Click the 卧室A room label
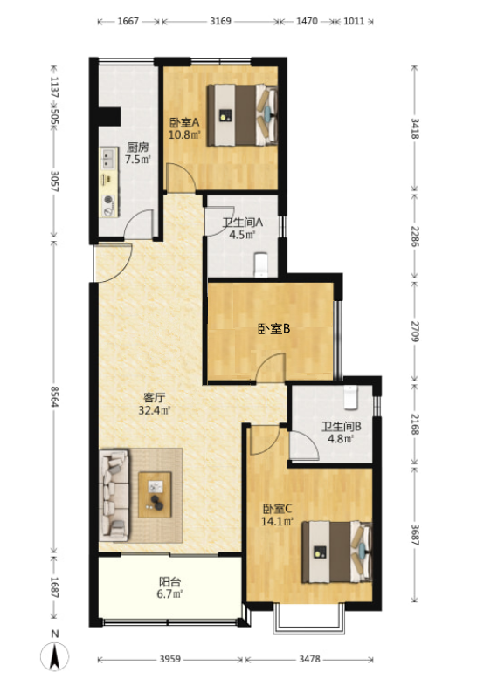184,122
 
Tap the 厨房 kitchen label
137,147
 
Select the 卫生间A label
243,223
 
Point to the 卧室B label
274,329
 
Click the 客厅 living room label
154,397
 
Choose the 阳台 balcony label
169,581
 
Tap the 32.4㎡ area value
155,409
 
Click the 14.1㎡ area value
277,521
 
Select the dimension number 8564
54,396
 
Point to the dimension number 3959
170,659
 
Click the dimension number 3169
221,21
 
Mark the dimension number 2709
415,332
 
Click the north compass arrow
55,655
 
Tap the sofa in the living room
114,495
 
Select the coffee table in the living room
155,495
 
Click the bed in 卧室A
242,115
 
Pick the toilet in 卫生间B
350,396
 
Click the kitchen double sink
109,159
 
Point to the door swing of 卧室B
270,367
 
